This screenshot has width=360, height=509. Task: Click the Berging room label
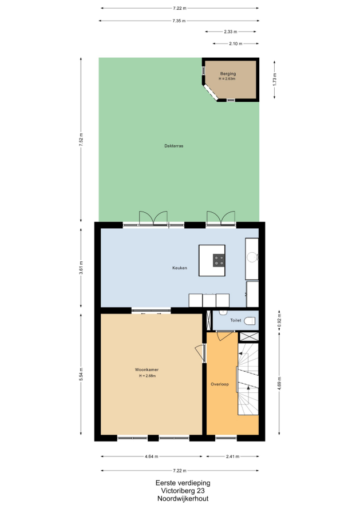pos(228,74)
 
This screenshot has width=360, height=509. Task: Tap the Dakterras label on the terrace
pos(174,146)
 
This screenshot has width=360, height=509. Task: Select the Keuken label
pos(180,268)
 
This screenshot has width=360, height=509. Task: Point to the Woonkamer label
pos(147,369)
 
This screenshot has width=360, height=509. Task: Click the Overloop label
pos(220,384)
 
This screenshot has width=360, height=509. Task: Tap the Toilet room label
pos(236,320)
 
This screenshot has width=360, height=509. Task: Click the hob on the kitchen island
pos(219,260)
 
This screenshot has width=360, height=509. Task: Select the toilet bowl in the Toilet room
pos(250,321)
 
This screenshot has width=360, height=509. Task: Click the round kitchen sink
pos(252,257)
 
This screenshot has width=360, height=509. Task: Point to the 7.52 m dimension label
pos(81,140)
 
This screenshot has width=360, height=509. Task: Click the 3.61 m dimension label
pos(81,268)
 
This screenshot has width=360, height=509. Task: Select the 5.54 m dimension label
pos(81,374)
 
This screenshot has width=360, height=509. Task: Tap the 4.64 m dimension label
pos(152,456)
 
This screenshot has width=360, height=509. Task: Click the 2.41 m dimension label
pos(232,456)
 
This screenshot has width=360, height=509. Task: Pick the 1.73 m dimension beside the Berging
pos(275,79)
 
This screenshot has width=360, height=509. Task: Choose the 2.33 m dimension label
pos(230,32)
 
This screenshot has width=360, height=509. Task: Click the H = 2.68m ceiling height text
pos(148,376)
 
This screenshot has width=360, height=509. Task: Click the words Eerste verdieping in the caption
pos(183,483)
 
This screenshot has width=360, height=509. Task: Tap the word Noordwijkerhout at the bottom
pos(183,499)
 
